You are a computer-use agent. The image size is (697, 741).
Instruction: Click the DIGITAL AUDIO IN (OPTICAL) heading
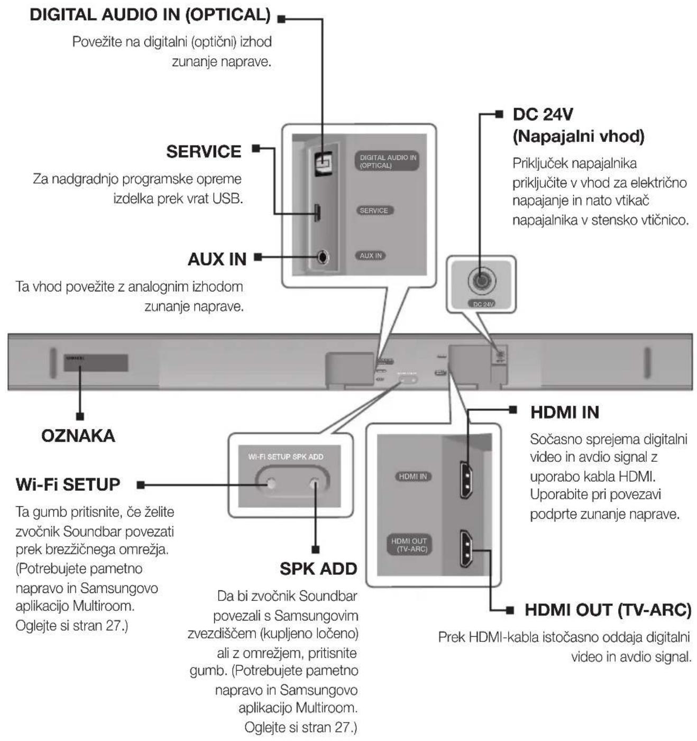pyautogui.click(x=150, y=15)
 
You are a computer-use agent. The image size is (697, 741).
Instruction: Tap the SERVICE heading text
pyautogui.click(x=204, y=152)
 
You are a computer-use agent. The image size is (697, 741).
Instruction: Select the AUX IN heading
pyautogui.click(x=217, y=259)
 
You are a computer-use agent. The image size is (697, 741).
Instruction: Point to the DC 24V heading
pyautogui.click(x=543, y=114)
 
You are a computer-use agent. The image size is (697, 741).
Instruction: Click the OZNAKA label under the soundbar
pyautogui.click(x=78, y=436)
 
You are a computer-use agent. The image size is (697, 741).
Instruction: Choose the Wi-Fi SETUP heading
pyautogui.click(x=68, y=484)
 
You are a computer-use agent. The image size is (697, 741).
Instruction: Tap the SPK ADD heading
pyautogui.click(x=318, y=569)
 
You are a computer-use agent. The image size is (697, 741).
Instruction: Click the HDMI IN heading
pyautogui.click(x=564, y=412)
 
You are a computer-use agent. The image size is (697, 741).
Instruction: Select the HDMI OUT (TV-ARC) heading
pyautogui.click(x=608, y=610)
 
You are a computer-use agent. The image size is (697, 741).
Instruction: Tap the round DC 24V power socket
pyautogui.click(x=481, y=279)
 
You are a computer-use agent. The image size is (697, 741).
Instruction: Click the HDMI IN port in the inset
pyautogui.click(x=466, y=479)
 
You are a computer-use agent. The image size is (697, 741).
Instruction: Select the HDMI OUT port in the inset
pyautogui.click(x=466, y=548)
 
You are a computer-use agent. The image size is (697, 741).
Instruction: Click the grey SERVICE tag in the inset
pyautogui.click(x=374, y=211)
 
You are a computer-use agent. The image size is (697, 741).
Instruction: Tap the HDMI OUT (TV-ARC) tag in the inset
pyautogui.click(x=409, y=545)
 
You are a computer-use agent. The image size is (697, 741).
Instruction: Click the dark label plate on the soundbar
pyautogui.click(x=96, y=363)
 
